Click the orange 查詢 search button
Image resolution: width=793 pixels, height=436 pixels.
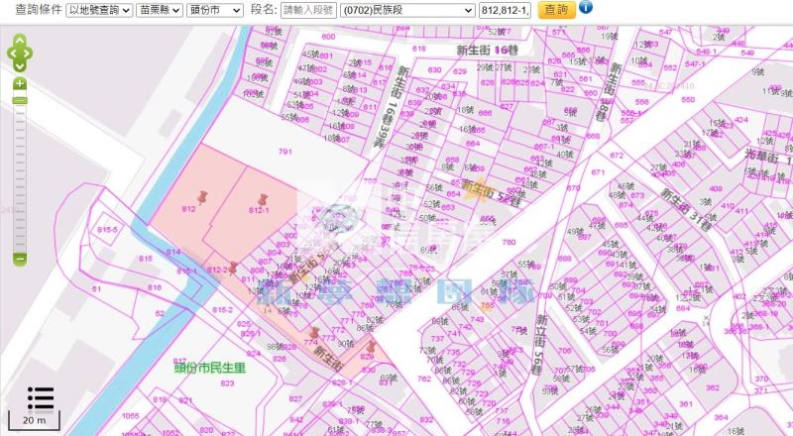tap(556, 10)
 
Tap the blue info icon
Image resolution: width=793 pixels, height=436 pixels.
tap(585, 8)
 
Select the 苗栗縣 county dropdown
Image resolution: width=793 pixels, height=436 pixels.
tap(159, 10)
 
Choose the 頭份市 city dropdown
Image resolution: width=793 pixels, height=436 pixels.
tap(215, 10)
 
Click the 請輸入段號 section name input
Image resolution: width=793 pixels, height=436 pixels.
tap(307, 10)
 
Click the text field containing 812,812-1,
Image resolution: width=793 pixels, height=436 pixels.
tap(505, 10)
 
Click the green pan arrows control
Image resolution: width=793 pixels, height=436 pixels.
tap(20, 54)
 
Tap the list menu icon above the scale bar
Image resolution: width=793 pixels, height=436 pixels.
tap(41, 396)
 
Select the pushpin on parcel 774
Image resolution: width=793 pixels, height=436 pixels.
tap(315, 334)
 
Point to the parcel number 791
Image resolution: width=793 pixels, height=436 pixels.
tap(285, 152)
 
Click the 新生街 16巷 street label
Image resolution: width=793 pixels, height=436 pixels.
tap(488, 49)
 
